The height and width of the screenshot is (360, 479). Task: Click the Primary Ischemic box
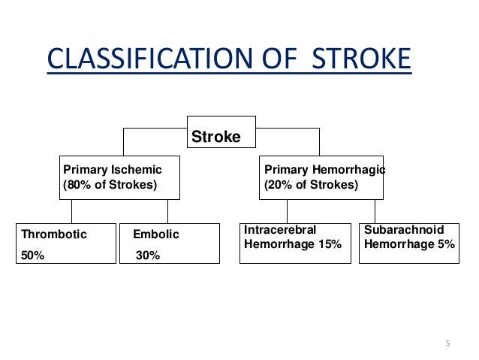(120, 177)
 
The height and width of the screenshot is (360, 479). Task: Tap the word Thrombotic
(54, 234)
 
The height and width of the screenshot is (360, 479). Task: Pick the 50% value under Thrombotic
(33, 256)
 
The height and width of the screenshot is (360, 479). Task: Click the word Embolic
(155, 234)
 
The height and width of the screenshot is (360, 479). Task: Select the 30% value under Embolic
(148, 256)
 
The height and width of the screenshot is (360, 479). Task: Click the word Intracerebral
(281, 230)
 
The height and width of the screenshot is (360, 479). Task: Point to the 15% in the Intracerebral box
(329, 244)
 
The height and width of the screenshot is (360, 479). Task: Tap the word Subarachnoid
(404, 230)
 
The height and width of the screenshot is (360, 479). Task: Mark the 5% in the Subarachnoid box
(446, 244)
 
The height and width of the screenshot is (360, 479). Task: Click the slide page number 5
(447, 344)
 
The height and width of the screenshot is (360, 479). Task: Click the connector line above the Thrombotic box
(72, 211)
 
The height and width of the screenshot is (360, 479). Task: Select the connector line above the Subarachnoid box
(375, 211)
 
